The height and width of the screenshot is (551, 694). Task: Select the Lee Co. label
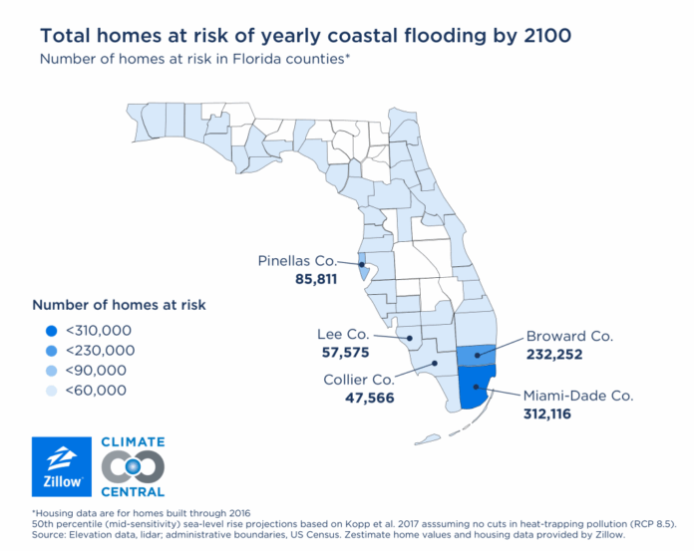pyautogui.click(x=341, y=334)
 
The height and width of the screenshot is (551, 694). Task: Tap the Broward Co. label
pyautogui.click(x=569, y=336)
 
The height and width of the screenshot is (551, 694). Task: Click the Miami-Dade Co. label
pyautogui.click(x=578, y=395)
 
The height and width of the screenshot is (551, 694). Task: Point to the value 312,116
pyautogui.click(x=547, y=413)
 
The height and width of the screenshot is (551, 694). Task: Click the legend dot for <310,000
pyautogui.click(x=51, y=330)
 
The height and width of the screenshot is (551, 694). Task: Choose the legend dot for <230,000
pyautogui.click(x=51, y=350)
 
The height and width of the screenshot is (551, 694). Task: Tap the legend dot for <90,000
pyautogui.click(x=51, y=370)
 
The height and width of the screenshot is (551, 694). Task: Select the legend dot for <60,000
pyautogui.click(x=51, y=390)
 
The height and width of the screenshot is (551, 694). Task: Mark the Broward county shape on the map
pyautogui.click(x=478, y=356)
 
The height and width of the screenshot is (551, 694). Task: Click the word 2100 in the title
pyautogui.click(x=545, y=36)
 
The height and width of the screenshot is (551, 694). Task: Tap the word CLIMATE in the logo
pyautogui.click(x=133, y=441)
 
